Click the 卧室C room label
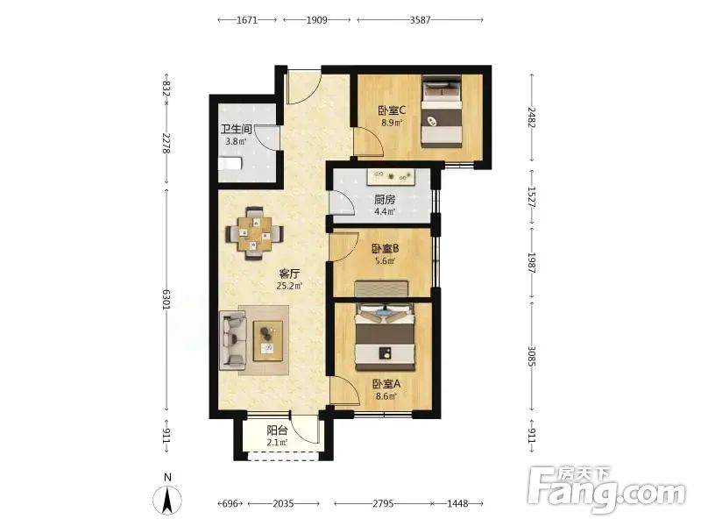click(x=392, y=110)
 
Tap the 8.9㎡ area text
click(x=392, y=123)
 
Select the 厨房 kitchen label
click(x=385, y=199)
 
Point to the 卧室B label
click(x=385, y=248)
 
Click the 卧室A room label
click(x=386, y=384)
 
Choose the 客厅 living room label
click(x=289, y=274)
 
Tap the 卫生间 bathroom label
click(x=236, y=129)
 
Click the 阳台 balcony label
click(x=277, y=430)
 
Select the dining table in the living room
click(x=254, y=233)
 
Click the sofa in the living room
click(x=232, y=340)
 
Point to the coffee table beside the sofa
click(x=268, y=341)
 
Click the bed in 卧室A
click(x=385, y=338)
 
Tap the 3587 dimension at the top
click(x=421, y=19)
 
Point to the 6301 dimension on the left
click(x=166, y=299)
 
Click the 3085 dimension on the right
click(x=532, y=356)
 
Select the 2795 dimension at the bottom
click(x=383, y=503)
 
